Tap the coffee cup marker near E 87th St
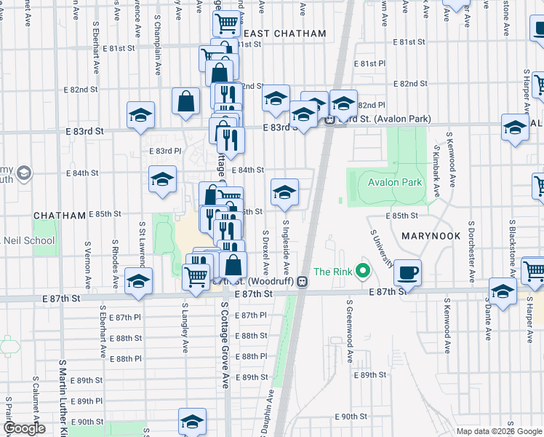[x=407, y=272]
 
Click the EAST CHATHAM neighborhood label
[x=284, y=33]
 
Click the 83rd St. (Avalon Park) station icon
[x=329, y=119]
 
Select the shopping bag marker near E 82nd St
[x=186, y=101]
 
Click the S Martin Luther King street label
[x=63, y=397]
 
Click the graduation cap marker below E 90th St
[x=192, y=422]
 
